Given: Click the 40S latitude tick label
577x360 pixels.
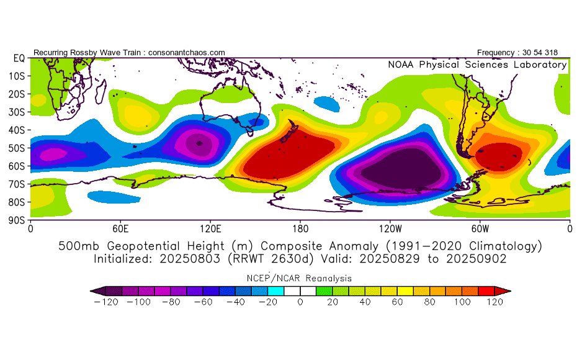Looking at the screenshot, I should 17,130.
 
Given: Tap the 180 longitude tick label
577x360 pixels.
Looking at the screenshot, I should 300,228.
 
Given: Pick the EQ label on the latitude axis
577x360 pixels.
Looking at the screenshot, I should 19,58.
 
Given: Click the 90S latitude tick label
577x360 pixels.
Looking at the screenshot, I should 17,220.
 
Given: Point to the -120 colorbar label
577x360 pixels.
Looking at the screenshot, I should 107,302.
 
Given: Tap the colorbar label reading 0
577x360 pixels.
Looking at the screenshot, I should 300,302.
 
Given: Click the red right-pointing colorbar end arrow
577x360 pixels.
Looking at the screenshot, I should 506,290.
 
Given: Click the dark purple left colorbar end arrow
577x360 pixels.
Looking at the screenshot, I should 94,290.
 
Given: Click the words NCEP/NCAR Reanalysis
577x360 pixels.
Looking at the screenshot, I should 300,278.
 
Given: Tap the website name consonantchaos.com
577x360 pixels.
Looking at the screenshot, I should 187,53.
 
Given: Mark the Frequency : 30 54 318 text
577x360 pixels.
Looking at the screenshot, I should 522,53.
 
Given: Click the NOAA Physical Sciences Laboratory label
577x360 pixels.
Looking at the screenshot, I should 477,65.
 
